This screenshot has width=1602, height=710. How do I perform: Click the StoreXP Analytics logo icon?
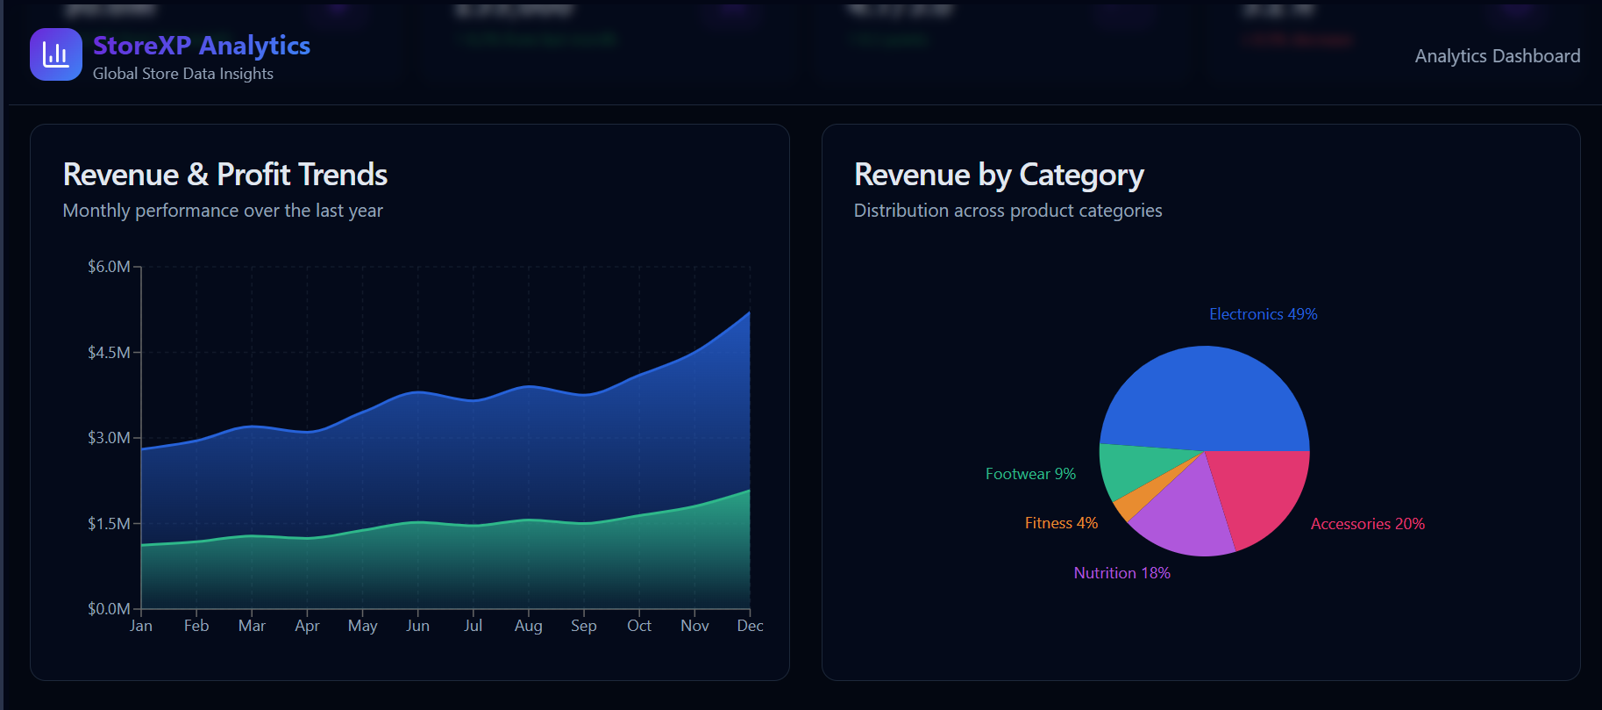coord(56,54)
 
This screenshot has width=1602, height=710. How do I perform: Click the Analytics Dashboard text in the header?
coord(1497,56)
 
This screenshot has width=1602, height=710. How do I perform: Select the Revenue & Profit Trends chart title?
coord(225,175)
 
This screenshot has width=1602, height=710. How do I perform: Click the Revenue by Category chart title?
coord(999,175)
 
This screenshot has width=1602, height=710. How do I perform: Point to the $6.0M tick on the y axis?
coord(109,267)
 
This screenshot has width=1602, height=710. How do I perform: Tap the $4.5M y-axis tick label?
coord(109,353)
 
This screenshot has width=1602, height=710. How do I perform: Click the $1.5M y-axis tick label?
coord(109,524)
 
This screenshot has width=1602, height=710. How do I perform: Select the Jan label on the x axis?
coord(141,626)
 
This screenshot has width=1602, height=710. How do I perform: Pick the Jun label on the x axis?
coord(418,626)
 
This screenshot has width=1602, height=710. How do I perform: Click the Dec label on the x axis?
coord(750,626)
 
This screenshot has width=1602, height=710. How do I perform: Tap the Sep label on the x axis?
coord(584,626)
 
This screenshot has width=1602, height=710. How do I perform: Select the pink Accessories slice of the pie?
coord(1263,491)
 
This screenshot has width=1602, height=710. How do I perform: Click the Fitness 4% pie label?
coord(1061,523)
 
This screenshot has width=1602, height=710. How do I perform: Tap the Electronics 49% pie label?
coord(1263,314)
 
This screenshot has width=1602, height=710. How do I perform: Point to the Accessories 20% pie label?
coord(1367,524)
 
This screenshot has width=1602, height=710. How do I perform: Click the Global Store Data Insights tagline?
coord(183,74)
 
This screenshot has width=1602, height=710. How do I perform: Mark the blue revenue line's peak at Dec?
coord(750,312)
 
